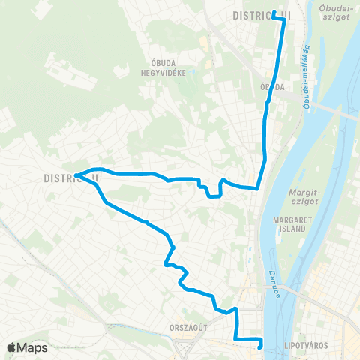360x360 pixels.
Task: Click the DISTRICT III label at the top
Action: pos(261,15)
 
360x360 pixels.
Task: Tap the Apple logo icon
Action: pos(12,348)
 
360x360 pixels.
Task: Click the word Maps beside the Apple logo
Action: pos(33,348)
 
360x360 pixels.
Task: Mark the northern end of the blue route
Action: pos(274,14)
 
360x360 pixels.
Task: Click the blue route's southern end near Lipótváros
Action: pos(260,346)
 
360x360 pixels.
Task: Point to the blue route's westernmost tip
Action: pos(77,177)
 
